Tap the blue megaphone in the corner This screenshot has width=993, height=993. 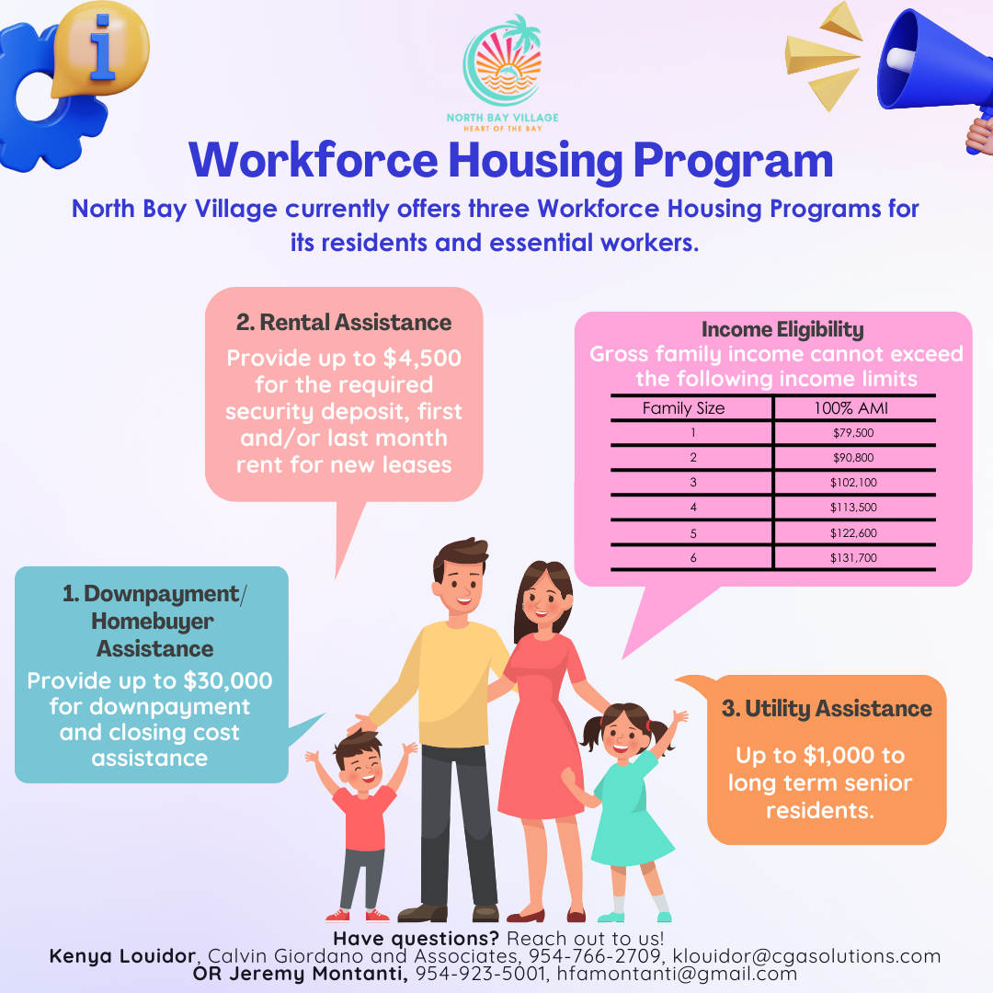(x=929, y=69)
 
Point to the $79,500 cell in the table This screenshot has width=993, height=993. (x=853, y=432)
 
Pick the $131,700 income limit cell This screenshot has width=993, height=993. (x=853, y=557)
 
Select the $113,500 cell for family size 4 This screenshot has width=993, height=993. (x=853, y=507)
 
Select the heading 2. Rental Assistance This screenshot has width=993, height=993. (x=344, y=323)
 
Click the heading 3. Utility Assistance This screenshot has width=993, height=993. (x=827, y=709)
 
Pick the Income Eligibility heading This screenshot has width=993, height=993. (x=782, y=329)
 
